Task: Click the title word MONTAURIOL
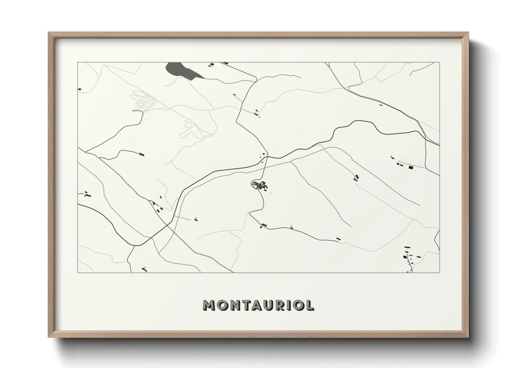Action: point(258,305)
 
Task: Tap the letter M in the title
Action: point(210,305)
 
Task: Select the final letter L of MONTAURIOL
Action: point(310,305)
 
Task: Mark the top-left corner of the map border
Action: point(77,62)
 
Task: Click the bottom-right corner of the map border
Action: point(440,272)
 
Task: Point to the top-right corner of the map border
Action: point(440,62)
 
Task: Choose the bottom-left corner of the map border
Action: point(77,272)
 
